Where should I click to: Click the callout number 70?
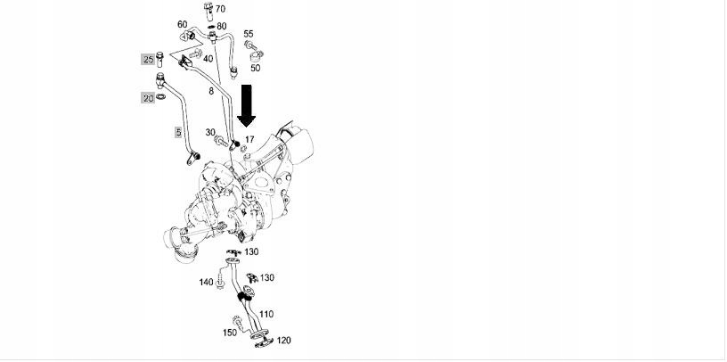220,9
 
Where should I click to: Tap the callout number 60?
182,24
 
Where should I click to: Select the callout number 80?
221,26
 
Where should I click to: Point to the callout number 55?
249,34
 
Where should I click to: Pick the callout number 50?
255,68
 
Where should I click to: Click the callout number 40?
208,59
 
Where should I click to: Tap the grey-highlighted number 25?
147,59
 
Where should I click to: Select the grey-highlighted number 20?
147,97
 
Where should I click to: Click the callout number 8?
211,92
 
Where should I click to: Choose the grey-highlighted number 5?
178,132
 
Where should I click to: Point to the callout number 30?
211,133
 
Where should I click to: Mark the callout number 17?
250,139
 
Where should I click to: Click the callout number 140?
206,283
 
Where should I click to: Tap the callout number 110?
267,314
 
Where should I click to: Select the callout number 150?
229,333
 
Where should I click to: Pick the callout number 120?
284,340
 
